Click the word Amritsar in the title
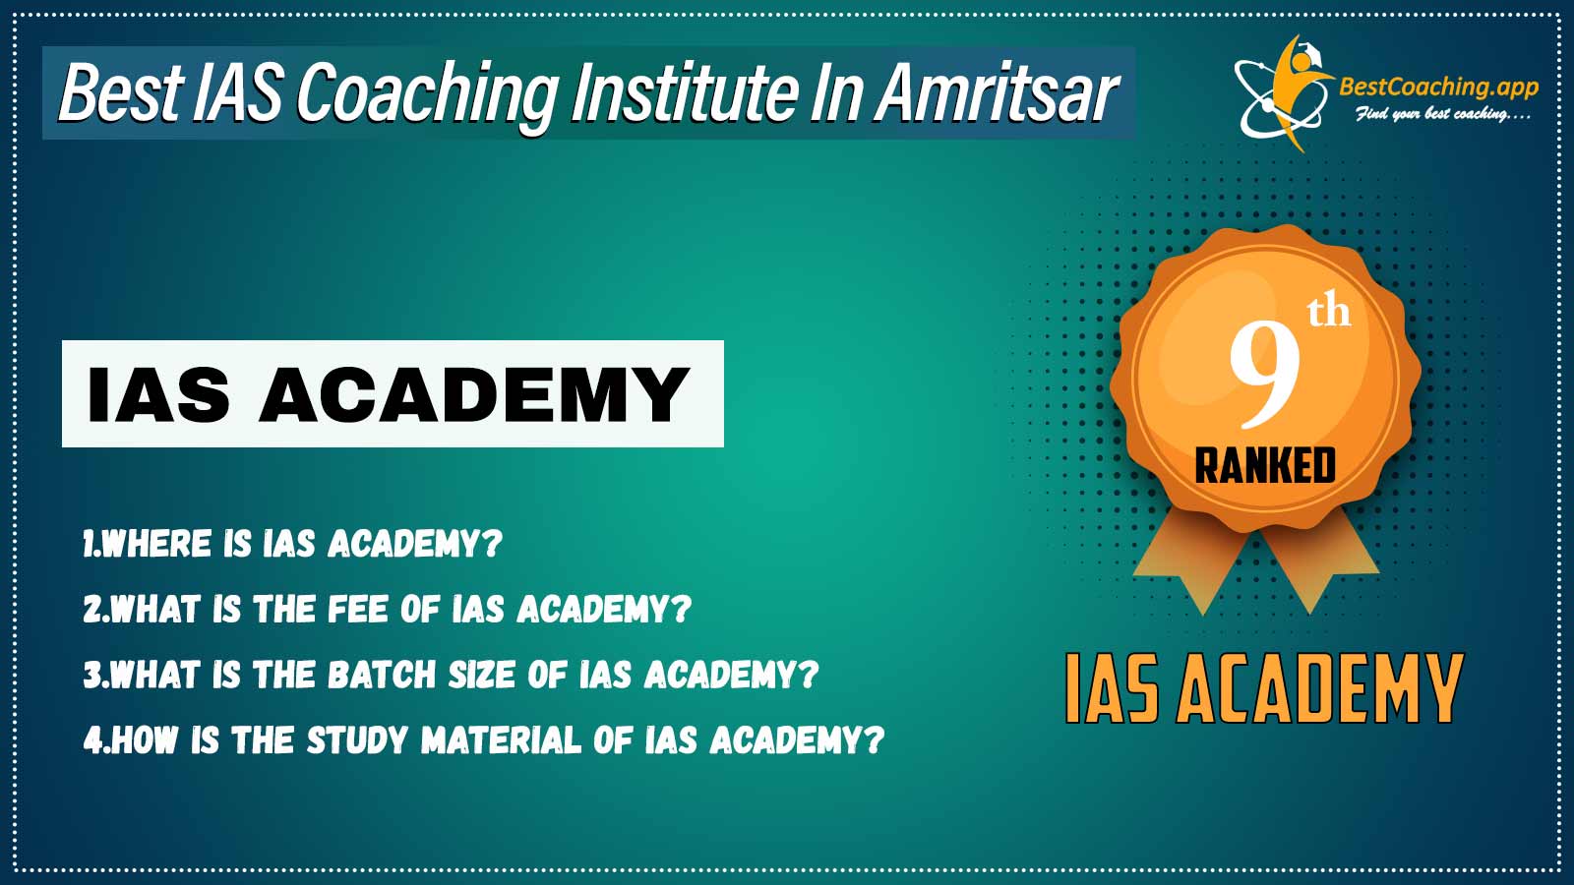(997, 92)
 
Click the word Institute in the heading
(684, 92)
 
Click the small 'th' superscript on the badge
(1329, 314)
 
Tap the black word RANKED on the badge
(1265, 466)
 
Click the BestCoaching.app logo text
(1438, 88)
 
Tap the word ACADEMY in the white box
(474, 394)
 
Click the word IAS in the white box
(158, 394)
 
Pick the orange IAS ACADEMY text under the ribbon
(1265, 689)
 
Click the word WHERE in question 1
(156, 544)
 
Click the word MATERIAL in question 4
(502, 739)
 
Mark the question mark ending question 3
(811, 675)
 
